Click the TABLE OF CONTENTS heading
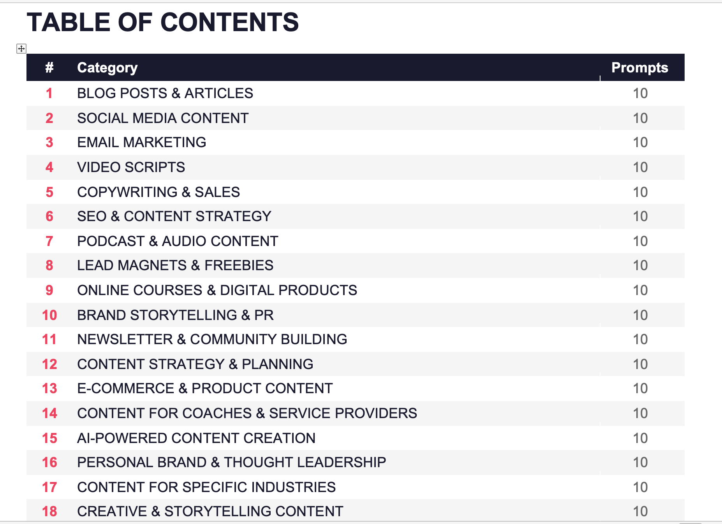coord(163,22)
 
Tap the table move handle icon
coord(21,49)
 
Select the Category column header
coord(107,68)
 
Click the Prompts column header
coord(639,68)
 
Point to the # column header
coord(49,68)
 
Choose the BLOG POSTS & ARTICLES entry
coord(165,93)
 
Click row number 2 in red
coord(49,118)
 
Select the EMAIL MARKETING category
coord(141,142)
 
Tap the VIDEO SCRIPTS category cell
coord(131,167)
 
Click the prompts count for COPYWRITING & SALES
coord(640,192)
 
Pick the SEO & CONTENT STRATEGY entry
coord(174,216)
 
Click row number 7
coord(49,241)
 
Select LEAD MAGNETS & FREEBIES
coord(175,266)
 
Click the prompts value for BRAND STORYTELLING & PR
coord(640,315)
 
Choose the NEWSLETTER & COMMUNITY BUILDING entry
coord(212,339)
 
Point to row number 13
coord(49,389)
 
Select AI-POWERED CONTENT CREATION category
coord(196,438)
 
